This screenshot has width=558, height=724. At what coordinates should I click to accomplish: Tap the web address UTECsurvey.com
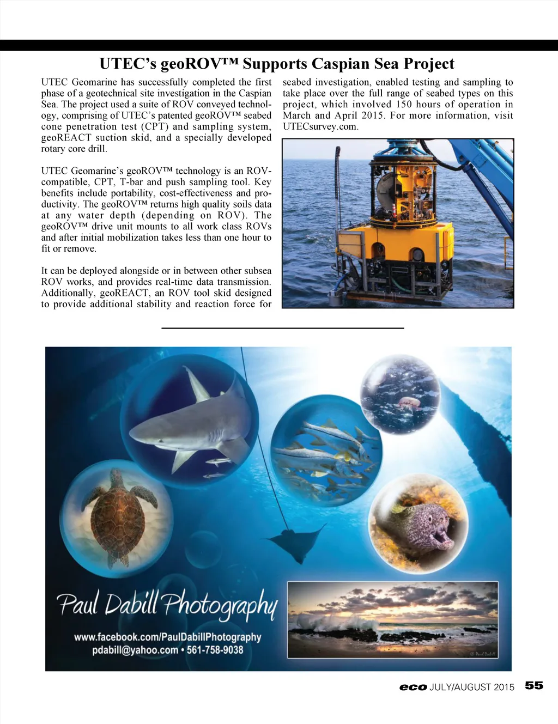(320, 127)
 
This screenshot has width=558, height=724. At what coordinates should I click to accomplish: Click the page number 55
(534, 685)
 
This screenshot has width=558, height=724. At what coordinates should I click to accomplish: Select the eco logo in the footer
(413, 687)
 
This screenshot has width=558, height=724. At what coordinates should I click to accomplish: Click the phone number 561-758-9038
(215, 650)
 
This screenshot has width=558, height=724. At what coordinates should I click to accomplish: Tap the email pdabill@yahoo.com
(135, 650)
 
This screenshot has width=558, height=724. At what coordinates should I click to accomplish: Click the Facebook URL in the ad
(167, 637)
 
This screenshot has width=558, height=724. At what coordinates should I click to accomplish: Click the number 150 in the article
(403, 105)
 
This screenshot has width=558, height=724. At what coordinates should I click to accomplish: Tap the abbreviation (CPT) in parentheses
(156, 126)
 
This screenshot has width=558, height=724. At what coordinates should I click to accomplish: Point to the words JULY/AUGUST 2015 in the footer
(472, 687)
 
